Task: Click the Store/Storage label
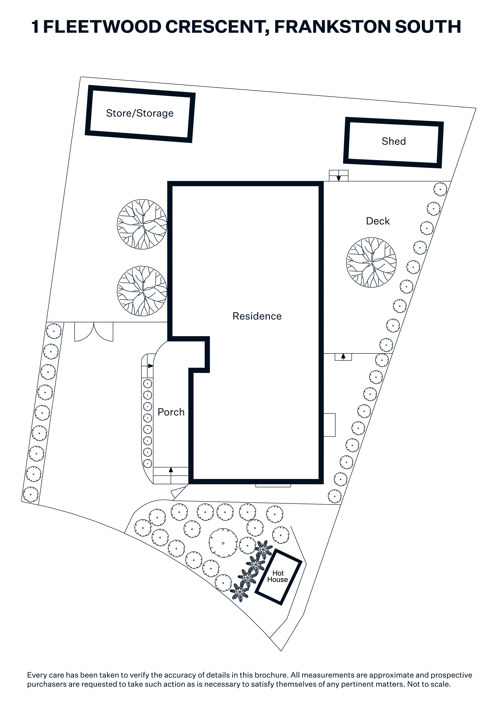click(x=140, y=113)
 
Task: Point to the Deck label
click(x=378, y=221)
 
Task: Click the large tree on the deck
click(x=371, y=263)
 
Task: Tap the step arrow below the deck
click(x=343, y=356)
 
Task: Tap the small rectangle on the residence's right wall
click(x=329, y=425)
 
